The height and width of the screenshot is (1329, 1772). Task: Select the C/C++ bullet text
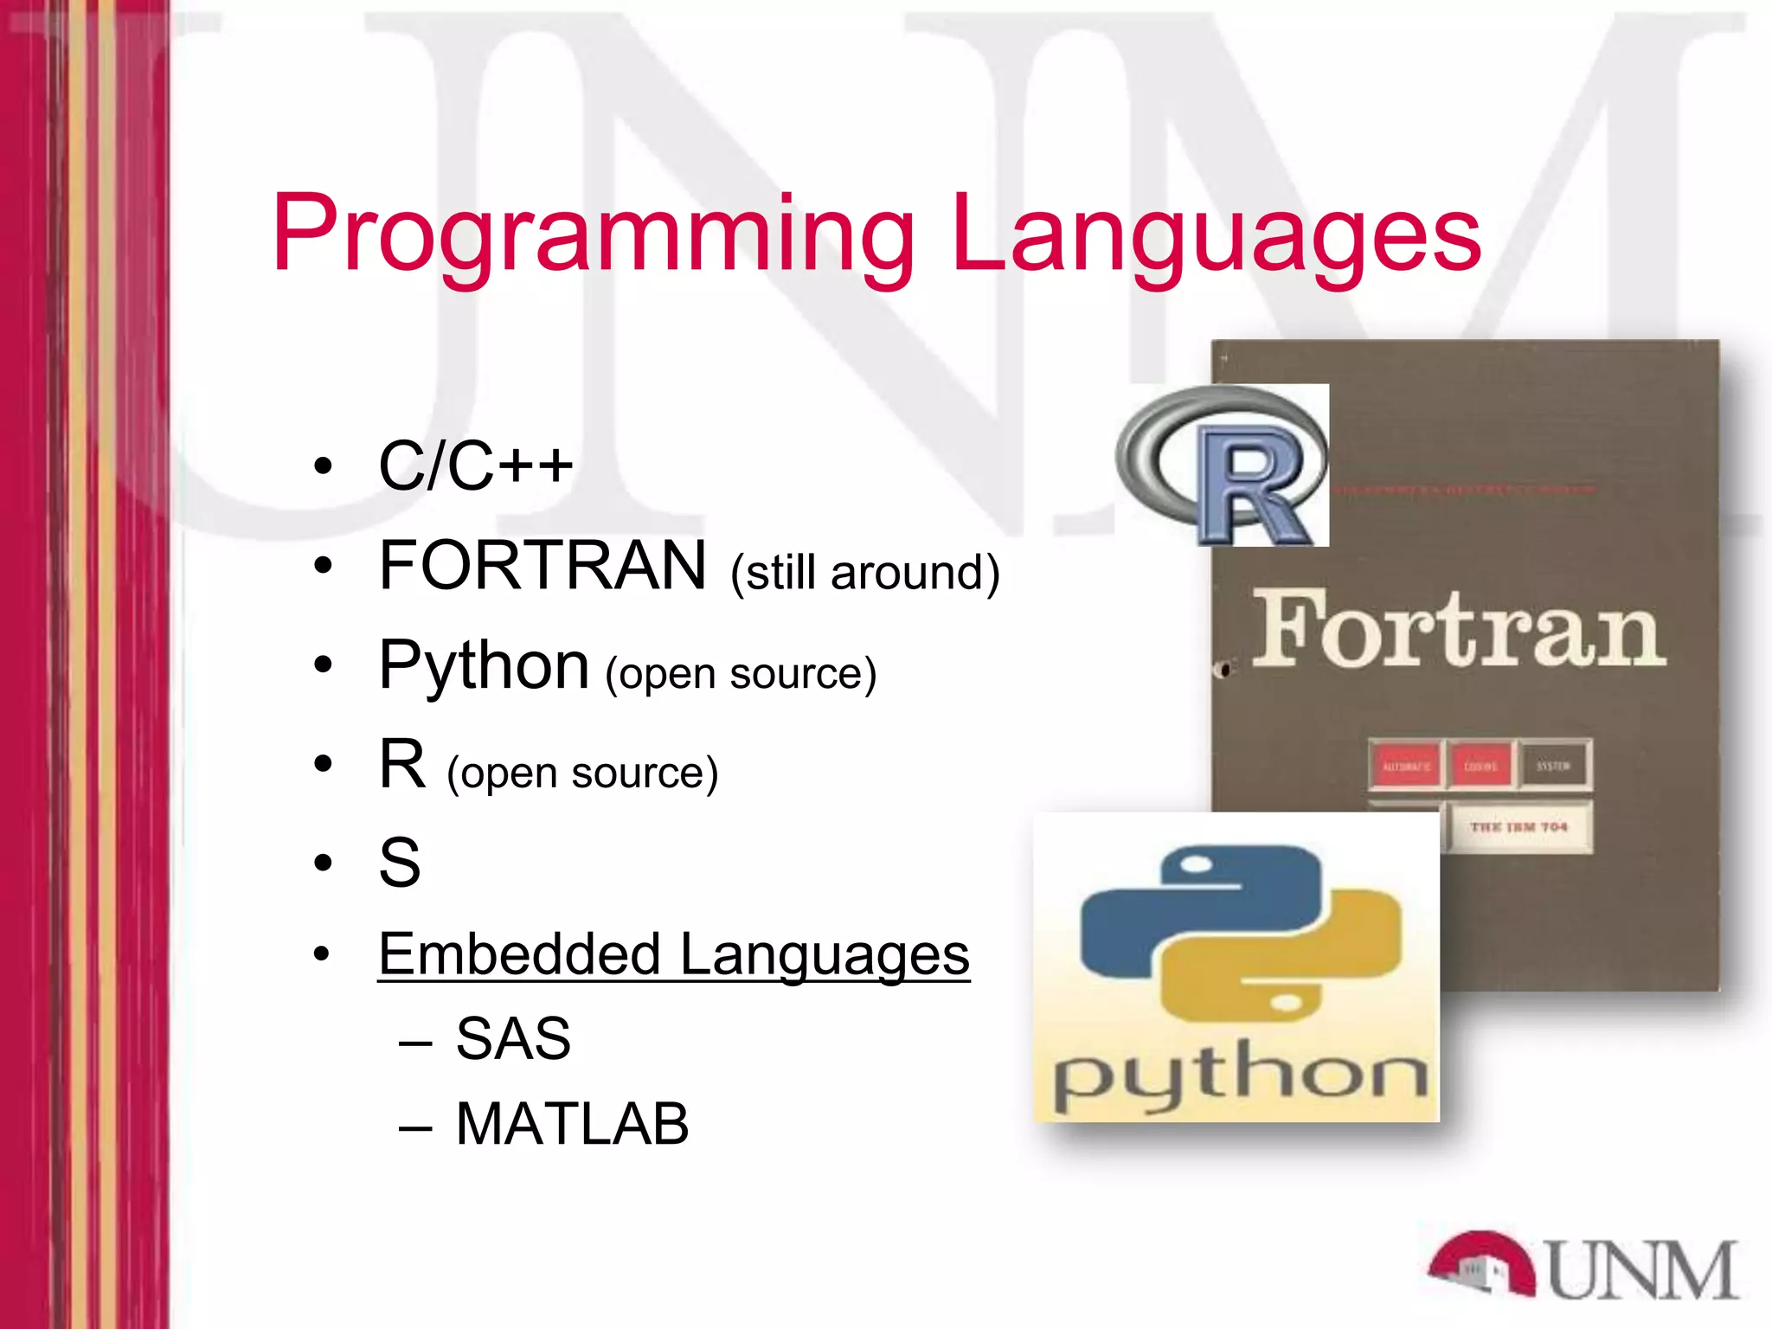476,465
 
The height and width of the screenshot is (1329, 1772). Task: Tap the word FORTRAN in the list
543,566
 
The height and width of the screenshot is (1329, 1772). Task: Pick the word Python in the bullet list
484,665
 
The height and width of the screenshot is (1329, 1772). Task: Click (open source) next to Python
741,674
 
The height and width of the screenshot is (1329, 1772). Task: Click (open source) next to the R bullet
582,773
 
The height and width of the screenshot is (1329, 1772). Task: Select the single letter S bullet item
400,863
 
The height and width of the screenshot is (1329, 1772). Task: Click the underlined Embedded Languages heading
674,954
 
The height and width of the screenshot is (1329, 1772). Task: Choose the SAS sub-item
513,1038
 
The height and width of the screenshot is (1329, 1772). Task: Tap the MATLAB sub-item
572,1124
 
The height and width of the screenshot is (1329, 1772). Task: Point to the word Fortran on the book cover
1458,630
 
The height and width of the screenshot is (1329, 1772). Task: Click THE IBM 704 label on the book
1518,827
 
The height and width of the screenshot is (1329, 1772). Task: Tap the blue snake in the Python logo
1159,917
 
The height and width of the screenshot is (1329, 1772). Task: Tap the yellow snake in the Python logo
1315,969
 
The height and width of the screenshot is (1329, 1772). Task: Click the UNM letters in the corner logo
1641,1270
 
